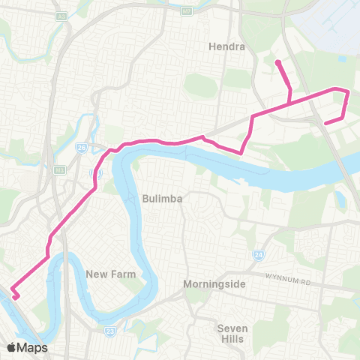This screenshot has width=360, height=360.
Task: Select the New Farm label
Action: [x=110, y=274]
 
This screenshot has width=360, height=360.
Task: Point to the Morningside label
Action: [x=213, y=285]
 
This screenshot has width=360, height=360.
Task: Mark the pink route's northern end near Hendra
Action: [x=277, y=62]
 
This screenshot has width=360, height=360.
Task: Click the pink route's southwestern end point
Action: [x=15, y=297]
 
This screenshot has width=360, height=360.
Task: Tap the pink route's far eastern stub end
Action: [x=323, y=122]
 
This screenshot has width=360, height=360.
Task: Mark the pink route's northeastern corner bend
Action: [x=347, y=91]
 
